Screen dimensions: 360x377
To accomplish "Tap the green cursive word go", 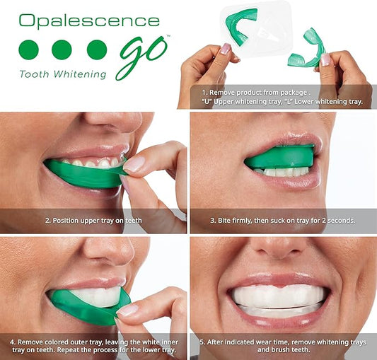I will point(141,54).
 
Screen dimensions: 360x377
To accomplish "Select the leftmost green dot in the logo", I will point(28,49).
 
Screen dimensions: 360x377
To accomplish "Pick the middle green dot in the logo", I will point(62,49).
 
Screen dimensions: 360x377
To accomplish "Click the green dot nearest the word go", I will point(96,49).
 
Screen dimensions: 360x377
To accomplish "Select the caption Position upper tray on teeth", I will point(93,221).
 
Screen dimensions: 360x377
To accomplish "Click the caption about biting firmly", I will point(283,221).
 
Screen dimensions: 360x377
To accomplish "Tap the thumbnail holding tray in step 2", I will point(134,164).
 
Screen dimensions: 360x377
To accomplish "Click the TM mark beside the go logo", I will point(168,36).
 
